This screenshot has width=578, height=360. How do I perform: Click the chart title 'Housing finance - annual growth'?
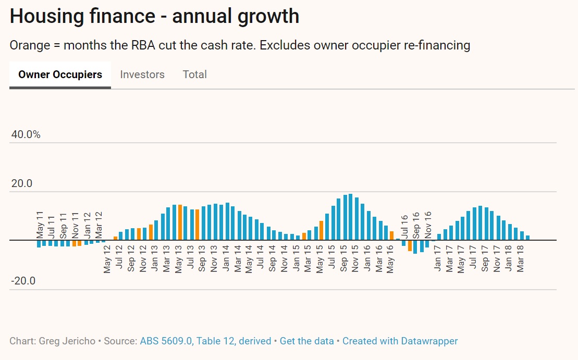(154, 16)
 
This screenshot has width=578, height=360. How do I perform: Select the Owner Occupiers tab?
(60, 75)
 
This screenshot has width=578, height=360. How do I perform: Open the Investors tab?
(142, 75)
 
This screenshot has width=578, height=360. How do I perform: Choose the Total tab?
(195, 75)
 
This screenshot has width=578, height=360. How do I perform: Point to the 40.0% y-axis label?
(26, 134)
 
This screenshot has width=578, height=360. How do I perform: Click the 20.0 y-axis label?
(21, 183)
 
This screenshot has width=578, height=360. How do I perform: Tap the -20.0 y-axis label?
(23, 281)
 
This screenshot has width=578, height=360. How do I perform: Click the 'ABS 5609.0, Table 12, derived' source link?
(205, 341)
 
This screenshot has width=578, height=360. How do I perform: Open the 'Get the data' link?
(306, 341)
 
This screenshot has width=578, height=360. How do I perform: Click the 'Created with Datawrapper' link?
(400, 341)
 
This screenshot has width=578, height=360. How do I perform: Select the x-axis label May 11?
(39, 224)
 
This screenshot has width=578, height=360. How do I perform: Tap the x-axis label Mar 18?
(521, 258)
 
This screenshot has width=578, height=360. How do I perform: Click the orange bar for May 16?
(391, 235)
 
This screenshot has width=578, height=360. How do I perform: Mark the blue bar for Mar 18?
(522, 235)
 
